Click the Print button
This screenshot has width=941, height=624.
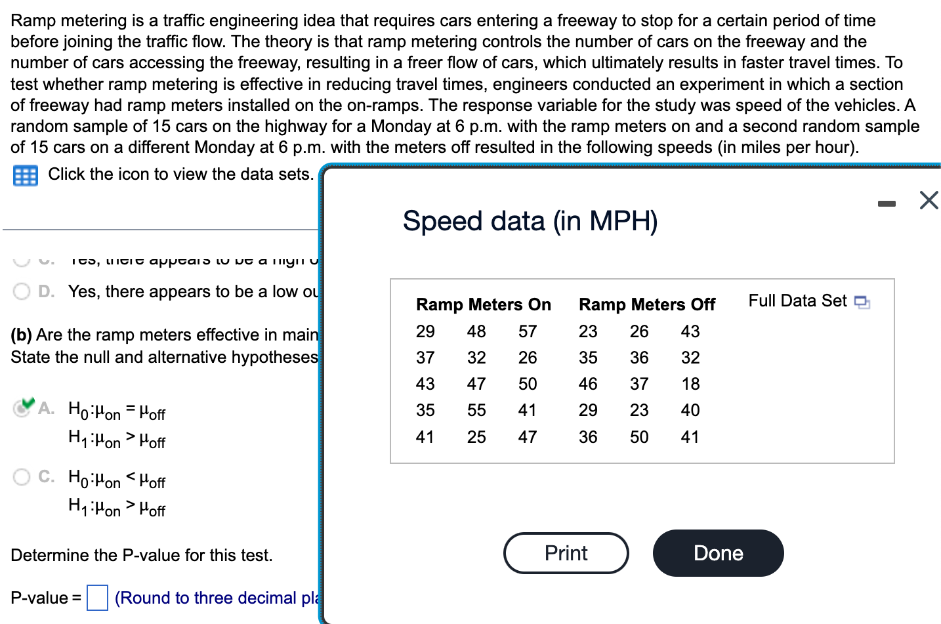(x=566, y=553)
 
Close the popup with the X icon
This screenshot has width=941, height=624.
(x=929, y=200)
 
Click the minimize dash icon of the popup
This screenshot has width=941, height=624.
(x=887, y=204)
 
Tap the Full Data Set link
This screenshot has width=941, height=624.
(x=808, y=301)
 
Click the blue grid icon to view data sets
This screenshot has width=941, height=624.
(x=26, y=176)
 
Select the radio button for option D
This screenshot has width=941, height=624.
(x=22, y=291)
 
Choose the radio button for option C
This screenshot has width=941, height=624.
(x=22, y=476)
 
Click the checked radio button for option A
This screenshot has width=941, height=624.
(x=22, y=408)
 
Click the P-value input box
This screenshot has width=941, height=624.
(x=98, y=598)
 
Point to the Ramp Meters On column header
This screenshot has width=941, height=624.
(x=484, y=304)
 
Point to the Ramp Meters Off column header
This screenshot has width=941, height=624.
(x=646, y=304)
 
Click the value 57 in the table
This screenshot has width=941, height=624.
(x=528, y=331)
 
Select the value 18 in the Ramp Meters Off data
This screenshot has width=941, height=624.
(x=690, y=384)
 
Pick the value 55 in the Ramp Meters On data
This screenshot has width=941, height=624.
(x=476, y=410)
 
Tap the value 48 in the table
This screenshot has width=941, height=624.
(x=476, y=331)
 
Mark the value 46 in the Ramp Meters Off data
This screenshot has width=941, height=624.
(x=588, y=384)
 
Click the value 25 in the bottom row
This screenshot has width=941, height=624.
(x=476, y=437)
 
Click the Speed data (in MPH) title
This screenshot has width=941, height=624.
(x=530, y=221)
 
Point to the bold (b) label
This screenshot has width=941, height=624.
(x=22, y=335)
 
